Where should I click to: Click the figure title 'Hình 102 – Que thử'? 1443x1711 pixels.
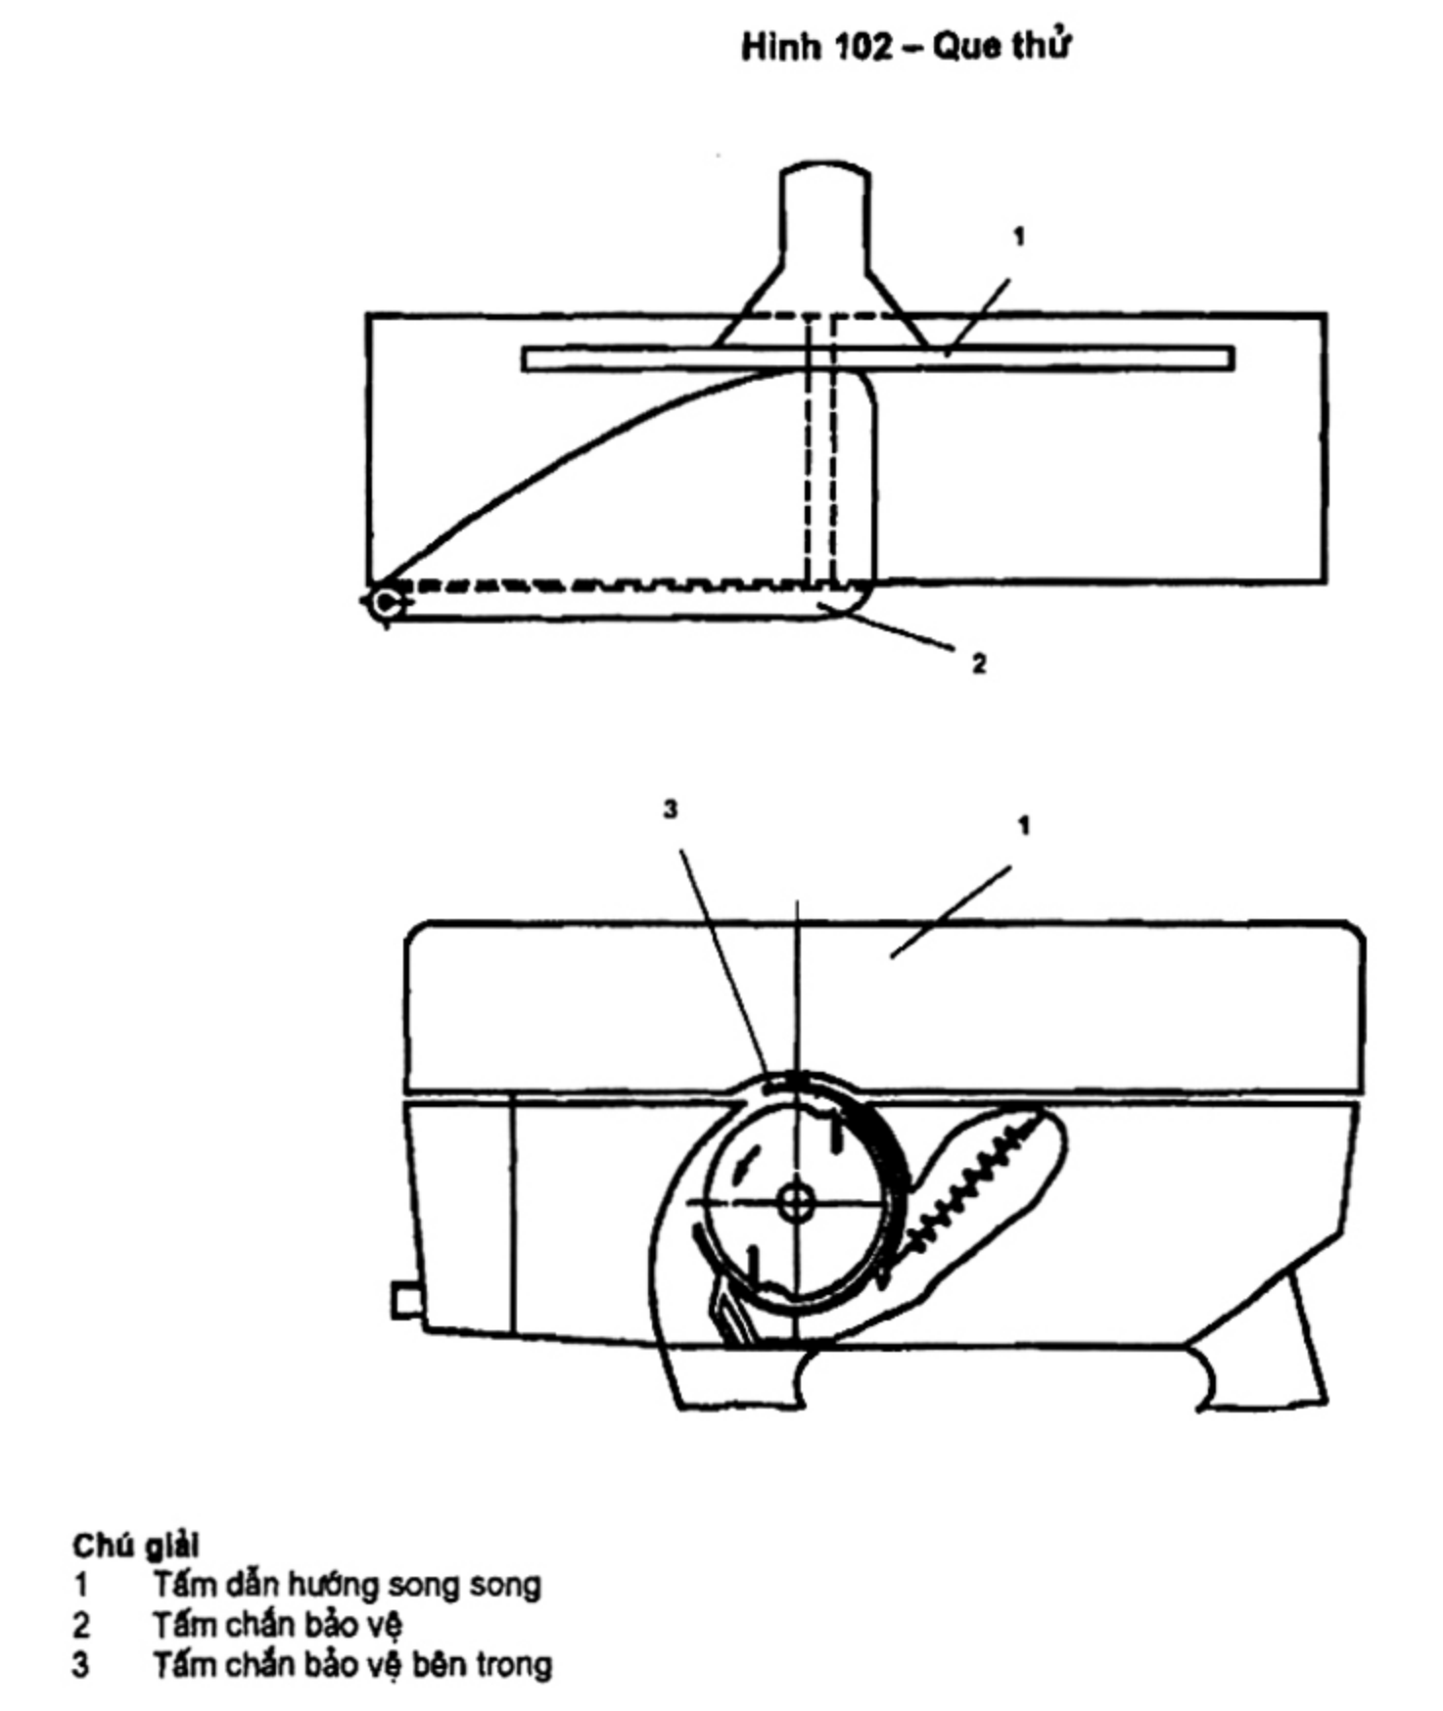(906, 46)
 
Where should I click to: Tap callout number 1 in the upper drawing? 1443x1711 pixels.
(1019, 236)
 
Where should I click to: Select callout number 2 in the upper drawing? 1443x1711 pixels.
(979, 664)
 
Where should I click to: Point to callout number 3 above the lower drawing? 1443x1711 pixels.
(670, 809)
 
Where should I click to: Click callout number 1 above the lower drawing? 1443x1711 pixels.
(1024, 826)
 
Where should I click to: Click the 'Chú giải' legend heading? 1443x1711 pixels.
(135, 1546)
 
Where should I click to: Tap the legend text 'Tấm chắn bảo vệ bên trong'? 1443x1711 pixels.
(352, 1664)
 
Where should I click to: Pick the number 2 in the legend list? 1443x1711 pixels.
(80, 1625)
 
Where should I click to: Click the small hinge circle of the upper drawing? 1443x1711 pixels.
(383, 602)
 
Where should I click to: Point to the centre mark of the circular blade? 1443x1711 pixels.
(797, 1202)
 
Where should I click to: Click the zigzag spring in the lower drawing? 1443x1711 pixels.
(969, 1187)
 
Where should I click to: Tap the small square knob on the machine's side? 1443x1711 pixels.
(404, 1301)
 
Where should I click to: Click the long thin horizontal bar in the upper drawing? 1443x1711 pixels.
(878, 358)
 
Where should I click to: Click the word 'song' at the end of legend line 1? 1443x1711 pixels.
(503, 1587)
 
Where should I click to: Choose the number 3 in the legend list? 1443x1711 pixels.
(80, 1664)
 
